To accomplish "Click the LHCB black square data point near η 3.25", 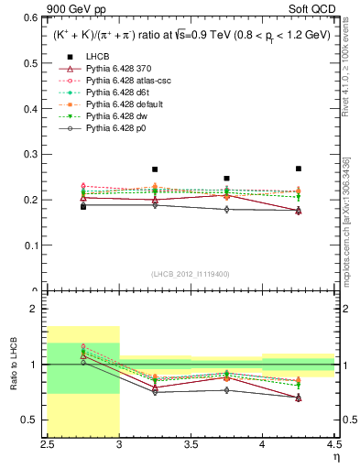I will coord(155,169).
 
